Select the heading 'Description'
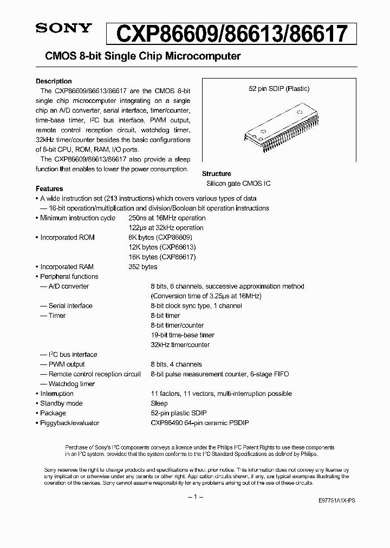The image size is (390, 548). click(54, 81)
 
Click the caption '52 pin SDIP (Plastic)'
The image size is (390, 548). click(275, 89)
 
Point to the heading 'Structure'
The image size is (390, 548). click(216, 174)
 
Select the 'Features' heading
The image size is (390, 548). click(49, 188)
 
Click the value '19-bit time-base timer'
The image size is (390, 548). click(183, 335)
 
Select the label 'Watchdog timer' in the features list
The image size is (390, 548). click(71, 384)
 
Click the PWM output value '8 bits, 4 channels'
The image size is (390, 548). click(176, 364)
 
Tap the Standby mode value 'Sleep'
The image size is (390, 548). click(159, 403)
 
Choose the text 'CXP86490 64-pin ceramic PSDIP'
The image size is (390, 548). click(199, 423)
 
